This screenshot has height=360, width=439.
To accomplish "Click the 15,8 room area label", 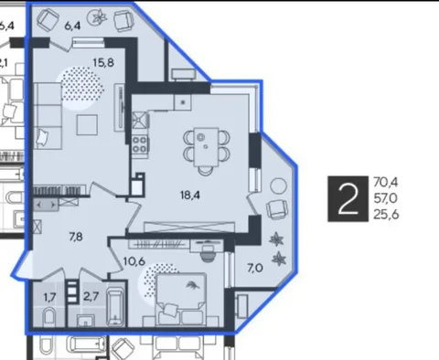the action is (103, 63).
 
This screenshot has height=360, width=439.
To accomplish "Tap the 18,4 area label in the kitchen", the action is (190, 195).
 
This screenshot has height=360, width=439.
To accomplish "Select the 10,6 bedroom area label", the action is (134, 261).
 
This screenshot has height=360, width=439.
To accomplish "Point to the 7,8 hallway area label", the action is (76, 237).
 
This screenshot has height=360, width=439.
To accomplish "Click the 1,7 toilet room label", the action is (50, 297).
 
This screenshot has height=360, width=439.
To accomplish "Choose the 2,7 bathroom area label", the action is (91, 296).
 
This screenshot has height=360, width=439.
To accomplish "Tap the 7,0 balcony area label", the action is (255, 269).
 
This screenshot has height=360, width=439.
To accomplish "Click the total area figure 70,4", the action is (386, 183).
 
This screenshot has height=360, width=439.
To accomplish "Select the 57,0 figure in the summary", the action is (385, 198).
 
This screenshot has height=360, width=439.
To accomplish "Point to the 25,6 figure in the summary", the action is (386, 215).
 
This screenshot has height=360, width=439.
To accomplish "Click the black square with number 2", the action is (348, 198).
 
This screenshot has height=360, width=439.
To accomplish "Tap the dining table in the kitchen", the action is (206, 147).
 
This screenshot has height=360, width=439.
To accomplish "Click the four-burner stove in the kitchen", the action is (140, 144).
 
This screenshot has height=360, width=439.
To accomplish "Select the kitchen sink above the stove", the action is (140, 120).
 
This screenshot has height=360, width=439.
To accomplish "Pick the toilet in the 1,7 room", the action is (48, 317).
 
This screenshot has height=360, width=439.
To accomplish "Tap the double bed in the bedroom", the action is (181, 300).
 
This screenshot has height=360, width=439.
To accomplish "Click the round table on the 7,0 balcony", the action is (279, 185).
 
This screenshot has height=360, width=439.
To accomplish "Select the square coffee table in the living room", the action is (87, 124).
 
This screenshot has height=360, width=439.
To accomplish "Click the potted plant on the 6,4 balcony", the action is (98, 16).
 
